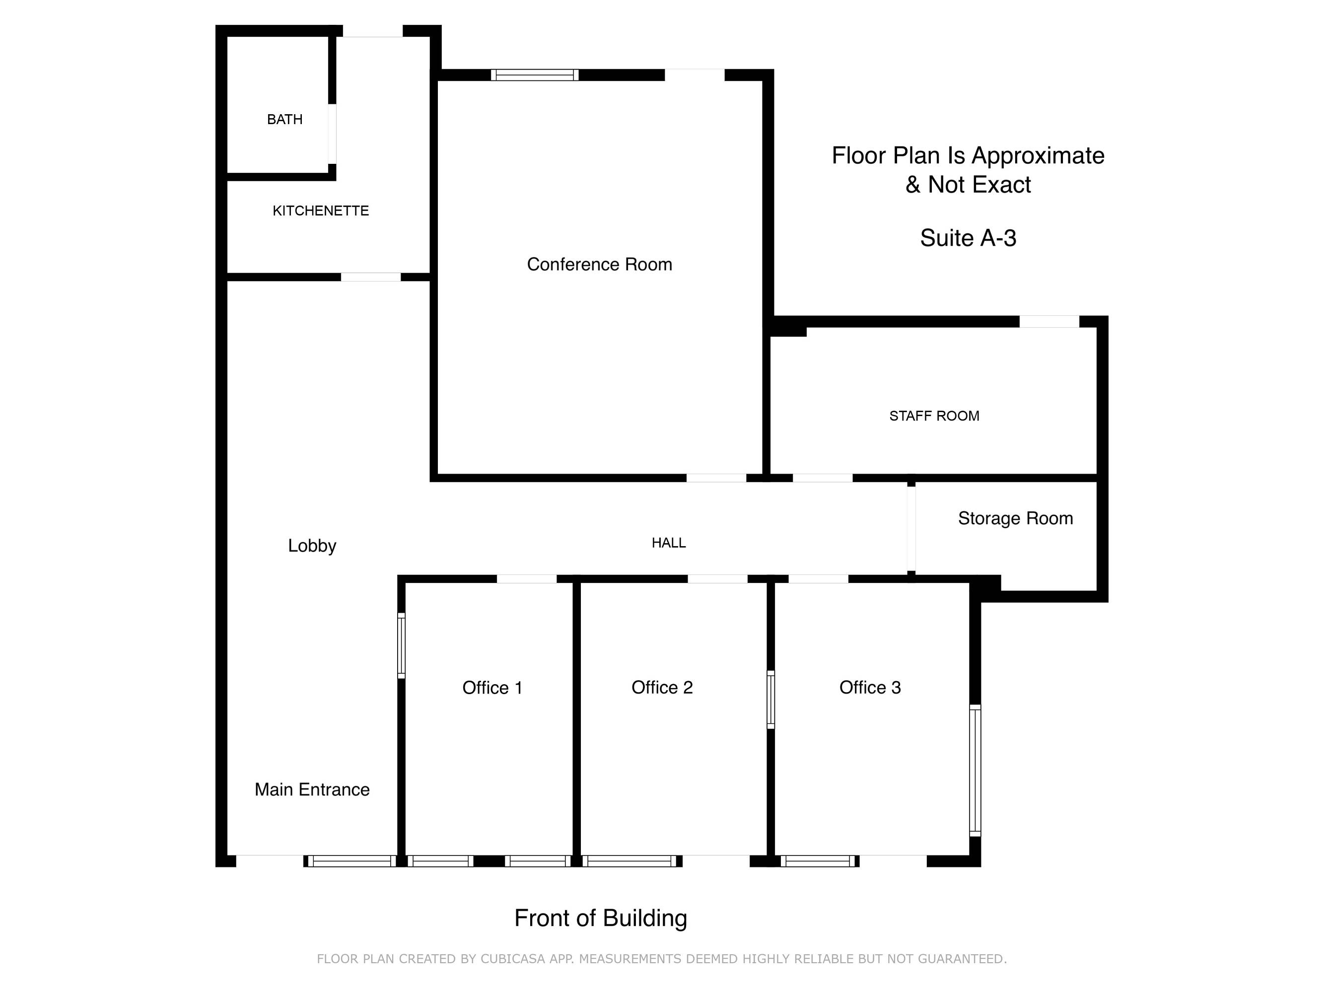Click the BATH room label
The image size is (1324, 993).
284,119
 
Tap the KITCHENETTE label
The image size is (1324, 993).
321,211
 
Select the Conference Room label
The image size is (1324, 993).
599,264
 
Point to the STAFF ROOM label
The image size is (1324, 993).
934,416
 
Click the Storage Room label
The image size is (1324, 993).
1015,518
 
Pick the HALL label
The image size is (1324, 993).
669,543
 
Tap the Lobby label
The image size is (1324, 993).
312,546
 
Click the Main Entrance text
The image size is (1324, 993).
312,789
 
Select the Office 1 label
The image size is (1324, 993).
492,688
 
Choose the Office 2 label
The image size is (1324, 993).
662,687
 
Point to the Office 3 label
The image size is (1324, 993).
870,687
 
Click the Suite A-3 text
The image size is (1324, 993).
968,238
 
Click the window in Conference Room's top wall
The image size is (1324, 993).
535,75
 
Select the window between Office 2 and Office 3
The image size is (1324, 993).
771,700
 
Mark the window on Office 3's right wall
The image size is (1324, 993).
975,771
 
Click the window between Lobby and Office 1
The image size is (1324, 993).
402,646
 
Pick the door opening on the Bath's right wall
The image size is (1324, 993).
332,134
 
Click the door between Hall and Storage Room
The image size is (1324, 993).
911,529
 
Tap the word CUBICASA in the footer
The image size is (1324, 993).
512,959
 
